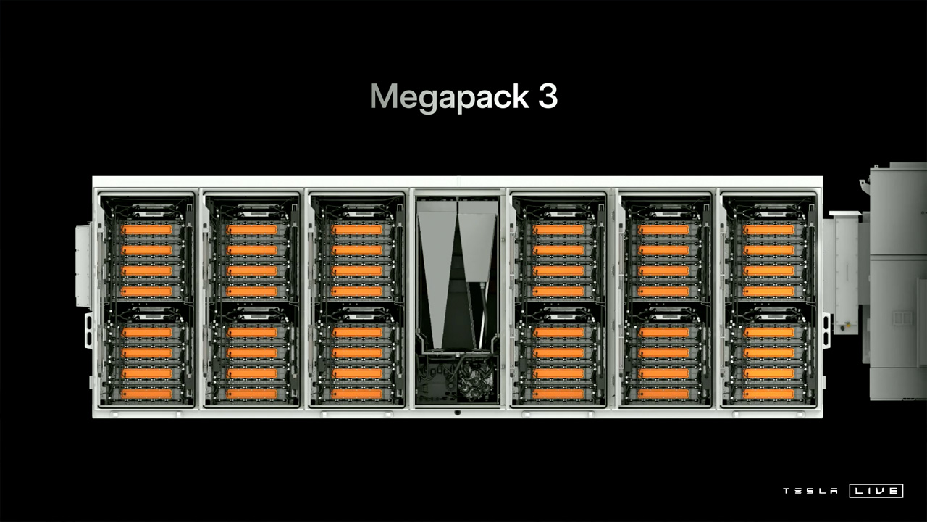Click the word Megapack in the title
click(450, 97)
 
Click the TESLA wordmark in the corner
click(810, 491)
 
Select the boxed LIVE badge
click(876, 491)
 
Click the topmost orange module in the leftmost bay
click(146, 230)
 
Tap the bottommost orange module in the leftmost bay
click(146, 394)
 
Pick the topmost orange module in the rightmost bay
click(769, 230)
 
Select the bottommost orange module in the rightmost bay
click(769, 394)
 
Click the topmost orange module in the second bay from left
click(251, 230)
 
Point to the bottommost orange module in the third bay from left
click(357, 394)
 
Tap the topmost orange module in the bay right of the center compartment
click(558, 230)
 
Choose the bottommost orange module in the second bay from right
click(664, 394)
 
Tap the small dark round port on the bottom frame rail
click(457, 413)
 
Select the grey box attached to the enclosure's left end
click(83, 266)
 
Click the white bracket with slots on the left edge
click(88, 331)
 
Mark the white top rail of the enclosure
click(457, 182)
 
